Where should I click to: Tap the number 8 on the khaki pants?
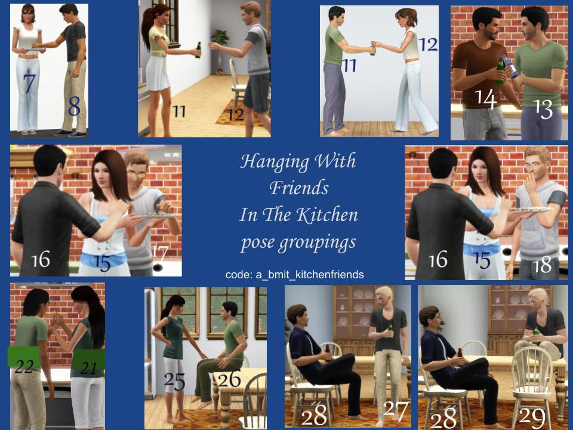point(74,106)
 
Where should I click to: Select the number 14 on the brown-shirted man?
point(486,99)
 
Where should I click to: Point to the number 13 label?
point(543,109)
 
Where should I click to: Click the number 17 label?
point(159,253)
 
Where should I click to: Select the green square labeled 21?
point(88,360)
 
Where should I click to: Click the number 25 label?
point(174,382)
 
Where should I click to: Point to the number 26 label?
point(229,379)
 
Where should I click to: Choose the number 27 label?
point(396,411)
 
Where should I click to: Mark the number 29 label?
point(532,417)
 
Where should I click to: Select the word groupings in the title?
point(317,243)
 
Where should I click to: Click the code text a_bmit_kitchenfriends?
point(310,275)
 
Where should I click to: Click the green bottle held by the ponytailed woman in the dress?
point(198,50)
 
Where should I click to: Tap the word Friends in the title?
point(299,188)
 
